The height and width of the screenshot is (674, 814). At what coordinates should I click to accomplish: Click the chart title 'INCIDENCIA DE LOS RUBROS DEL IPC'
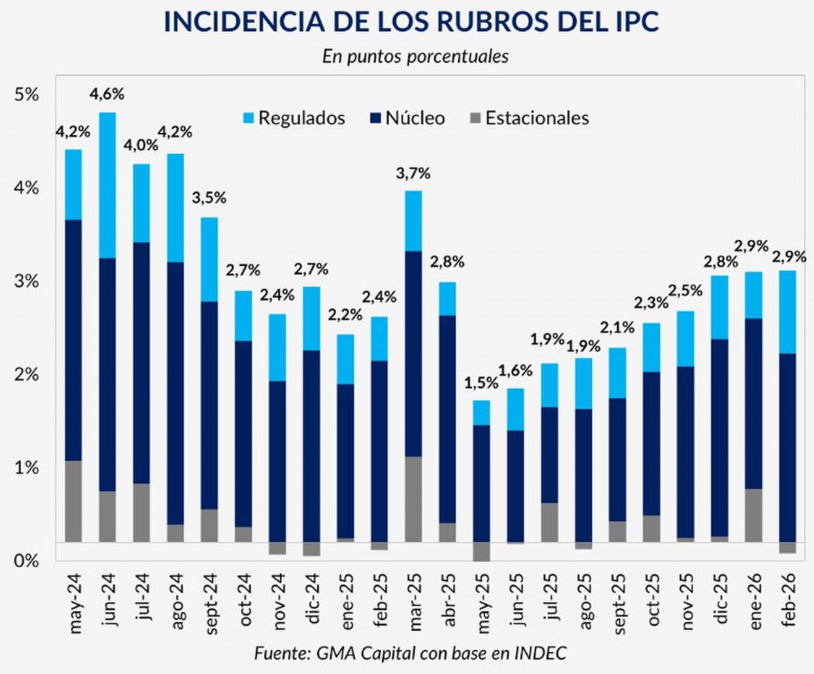[411, 21]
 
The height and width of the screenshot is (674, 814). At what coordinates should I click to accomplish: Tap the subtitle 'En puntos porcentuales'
[415, 56]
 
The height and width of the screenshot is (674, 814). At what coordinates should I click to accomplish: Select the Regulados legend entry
[294, 118]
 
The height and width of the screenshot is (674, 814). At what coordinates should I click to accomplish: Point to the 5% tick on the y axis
[27, 94]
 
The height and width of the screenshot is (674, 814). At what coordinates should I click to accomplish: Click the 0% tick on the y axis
[27, 561]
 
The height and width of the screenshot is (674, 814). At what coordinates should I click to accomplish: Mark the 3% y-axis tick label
[27, 281]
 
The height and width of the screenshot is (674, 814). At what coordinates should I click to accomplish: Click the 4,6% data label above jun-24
[107, 94]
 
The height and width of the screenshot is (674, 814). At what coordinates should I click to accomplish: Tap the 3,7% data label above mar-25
[413, 173]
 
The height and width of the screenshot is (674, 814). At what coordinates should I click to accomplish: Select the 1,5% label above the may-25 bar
[481, 383]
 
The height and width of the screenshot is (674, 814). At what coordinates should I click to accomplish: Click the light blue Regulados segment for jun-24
[107, 185]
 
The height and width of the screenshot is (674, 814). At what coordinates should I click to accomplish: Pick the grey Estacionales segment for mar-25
[414, 499]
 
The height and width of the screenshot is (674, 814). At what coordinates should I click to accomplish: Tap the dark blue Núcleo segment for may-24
[74, 340]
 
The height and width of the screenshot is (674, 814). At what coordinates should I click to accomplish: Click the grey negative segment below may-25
[482, 551]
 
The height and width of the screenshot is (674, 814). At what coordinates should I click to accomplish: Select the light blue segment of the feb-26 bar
[787, 312]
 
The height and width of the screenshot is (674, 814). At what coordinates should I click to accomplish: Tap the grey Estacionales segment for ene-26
[753, 515]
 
